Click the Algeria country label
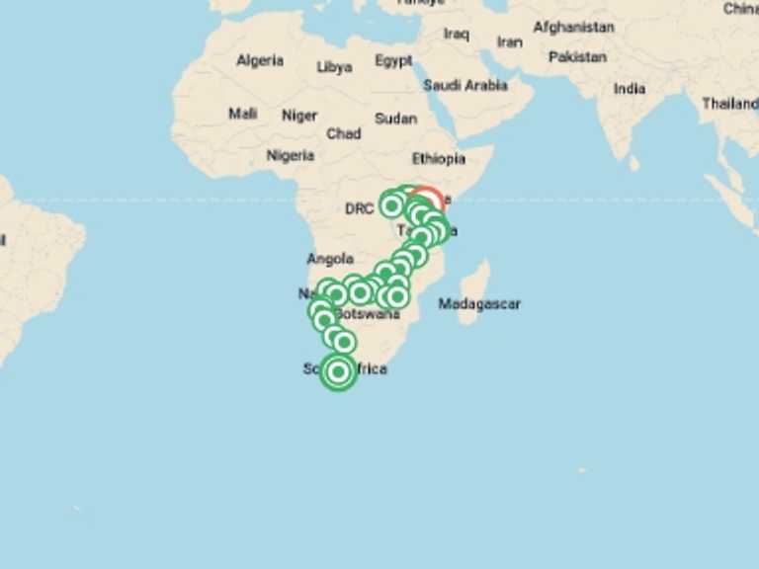tap(260, 61)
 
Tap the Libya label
tap(334, 68)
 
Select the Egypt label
tap(393, 61)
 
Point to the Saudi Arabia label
tap(465, 86)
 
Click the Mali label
tap(243, 114)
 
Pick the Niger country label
tap(299, 115)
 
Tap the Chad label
tap(344, 133)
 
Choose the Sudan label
tap(395, 119)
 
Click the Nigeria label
tap(291, 156)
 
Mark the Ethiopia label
tap(438, 159)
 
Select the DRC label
tap(360, 209)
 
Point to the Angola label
tap(330, 260)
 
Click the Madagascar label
tap(479, 304)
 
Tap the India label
tap(630, 89)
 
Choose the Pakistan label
tap(577, 57)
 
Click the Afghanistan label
tap(573, 28)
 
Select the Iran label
tap(509, 42)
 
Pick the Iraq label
tap(457, 35)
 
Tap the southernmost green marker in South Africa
tap(339, 372)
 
